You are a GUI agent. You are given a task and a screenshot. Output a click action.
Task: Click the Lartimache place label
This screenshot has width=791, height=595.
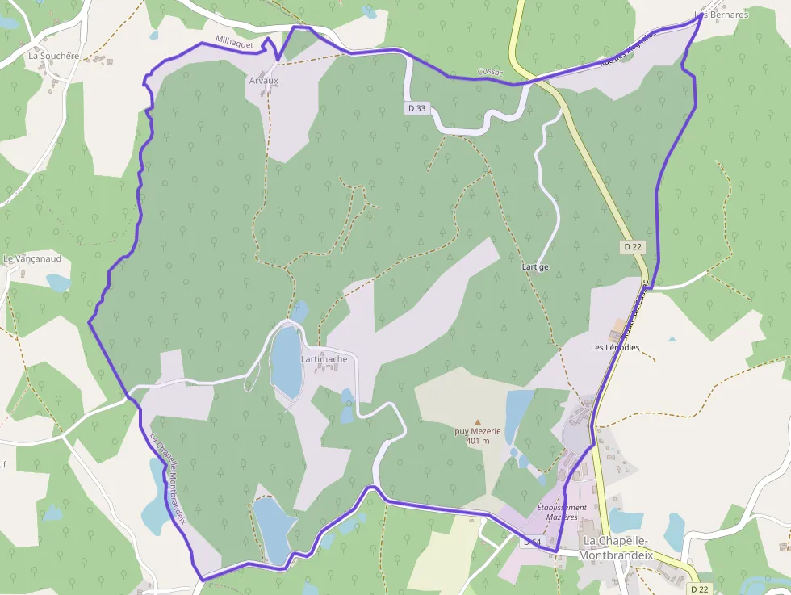(x=324, y=359)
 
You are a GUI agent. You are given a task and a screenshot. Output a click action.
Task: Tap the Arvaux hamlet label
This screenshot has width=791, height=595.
(x=263, y=81)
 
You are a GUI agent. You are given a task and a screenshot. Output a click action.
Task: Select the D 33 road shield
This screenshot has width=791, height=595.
(x=416, y=107)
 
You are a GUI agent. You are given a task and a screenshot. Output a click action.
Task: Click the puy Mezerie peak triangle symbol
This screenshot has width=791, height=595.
(x=477, y=421)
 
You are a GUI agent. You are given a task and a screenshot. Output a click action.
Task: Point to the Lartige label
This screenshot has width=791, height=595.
(x=535, y=267)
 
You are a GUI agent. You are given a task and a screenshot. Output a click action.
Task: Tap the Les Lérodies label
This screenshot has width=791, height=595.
(x=615, y=348)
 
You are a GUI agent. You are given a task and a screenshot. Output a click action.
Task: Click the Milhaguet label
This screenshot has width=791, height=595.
(x=235, y=43)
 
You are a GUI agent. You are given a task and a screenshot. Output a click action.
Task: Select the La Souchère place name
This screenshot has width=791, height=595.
(x=54, y=57)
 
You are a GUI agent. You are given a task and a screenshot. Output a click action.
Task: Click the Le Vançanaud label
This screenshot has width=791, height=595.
(x=32, y=259)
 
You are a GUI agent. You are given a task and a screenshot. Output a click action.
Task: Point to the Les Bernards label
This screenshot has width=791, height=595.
(x=722, y=15)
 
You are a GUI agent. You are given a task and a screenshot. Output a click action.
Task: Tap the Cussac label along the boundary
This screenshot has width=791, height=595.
(x=490, y=73)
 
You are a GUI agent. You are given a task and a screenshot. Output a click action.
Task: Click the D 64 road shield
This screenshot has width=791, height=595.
(x=531, y=542)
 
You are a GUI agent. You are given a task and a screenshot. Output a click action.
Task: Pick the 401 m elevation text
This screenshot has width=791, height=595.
(x=478, y=441)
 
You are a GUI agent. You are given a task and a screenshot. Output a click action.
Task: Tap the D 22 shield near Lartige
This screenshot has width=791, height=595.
(x=632, y=246)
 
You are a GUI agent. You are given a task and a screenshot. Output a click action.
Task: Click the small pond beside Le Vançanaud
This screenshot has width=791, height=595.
(x=58, y=283)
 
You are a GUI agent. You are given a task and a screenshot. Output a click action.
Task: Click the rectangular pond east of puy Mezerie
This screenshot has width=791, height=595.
(x=517, y=412)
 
